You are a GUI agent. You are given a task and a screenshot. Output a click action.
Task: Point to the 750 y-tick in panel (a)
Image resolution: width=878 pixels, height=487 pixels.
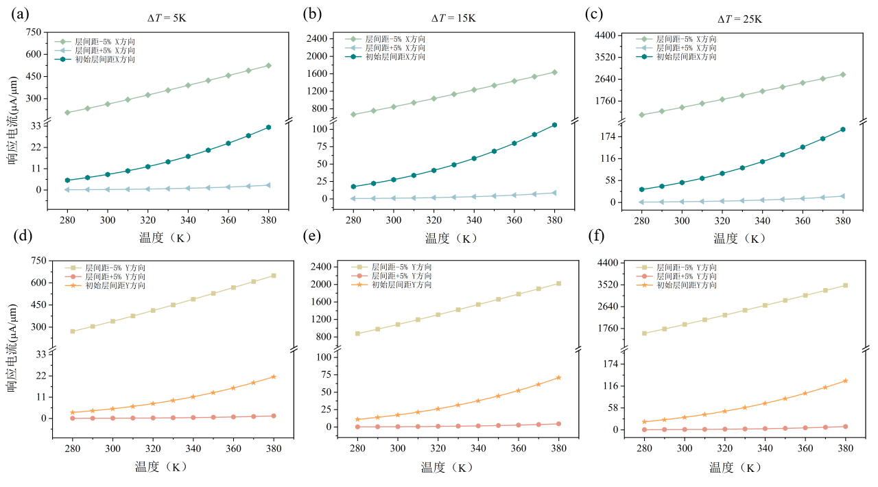pos(34,32)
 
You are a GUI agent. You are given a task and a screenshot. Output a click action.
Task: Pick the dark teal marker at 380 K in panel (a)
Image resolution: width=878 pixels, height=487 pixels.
pos(268,127)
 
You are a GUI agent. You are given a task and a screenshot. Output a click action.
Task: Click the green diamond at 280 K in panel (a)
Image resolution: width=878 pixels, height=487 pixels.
pos(67,112)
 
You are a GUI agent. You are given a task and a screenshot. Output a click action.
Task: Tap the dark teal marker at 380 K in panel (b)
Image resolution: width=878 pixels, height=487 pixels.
pos(554,125)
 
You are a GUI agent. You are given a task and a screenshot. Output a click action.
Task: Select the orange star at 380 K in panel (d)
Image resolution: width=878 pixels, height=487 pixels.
pos(273,377)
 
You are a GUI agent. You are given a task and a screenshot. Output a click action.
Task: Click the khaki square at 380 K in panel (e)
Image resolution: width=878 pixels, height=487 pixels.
pos(558,283)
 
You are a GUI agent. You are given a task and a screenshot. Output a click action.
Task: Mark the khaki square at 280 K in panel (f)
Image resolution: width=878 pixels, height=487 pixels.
pos(644,333)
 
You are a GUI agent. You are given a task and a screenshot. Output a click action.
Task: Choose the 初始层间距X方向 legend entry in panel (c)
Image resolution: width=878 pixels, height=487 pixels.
pos(686,57)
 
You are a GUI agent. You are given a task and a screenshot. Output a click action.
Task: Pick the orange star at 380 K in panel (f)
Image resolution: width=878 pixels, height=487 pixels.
pos(845,381)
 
